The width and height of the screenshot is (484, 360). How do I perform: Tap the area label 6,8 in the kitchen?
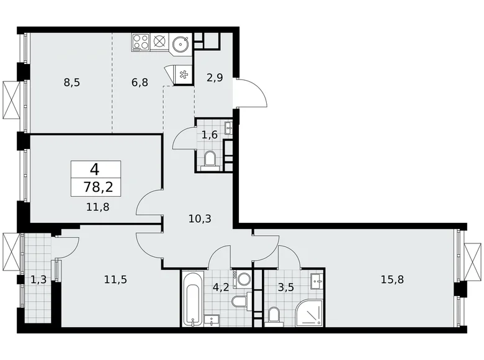click(x=139, y=81)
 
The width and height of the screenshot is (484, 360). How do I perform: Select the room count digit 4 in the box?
click(x=96, y=168)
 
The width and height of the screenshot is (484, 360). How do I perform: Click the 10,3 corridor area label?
click(x=199, y=218)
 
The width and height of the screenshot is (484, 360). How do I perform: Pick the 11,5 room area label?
click(x=115, y=279)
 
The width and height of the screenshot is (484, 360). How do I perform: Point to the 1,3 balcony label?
click(x=37, y=279)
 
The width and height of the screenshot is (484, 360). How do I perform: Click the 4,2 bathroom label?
click(x=219, y=287)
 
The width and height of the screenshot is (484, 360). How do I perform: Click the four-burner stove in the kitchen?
click(x=140, y=42)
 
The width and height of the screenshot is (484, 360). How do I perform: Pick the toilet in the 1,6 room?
click(x=208, y=159)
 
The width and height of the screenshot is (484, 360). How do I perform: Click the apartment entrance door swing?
click(x=251, y=93)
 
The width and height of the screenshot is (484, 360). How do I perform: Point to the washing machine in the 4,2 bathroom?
click(x=243, y=277)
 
